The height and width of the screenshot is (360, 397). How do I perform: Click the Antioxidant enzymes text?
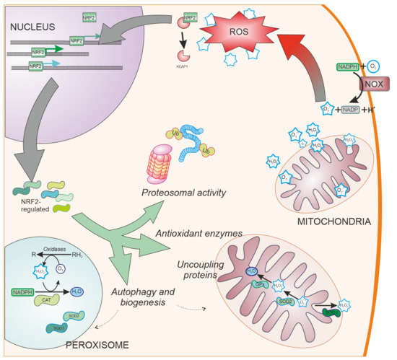[198, 233]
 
